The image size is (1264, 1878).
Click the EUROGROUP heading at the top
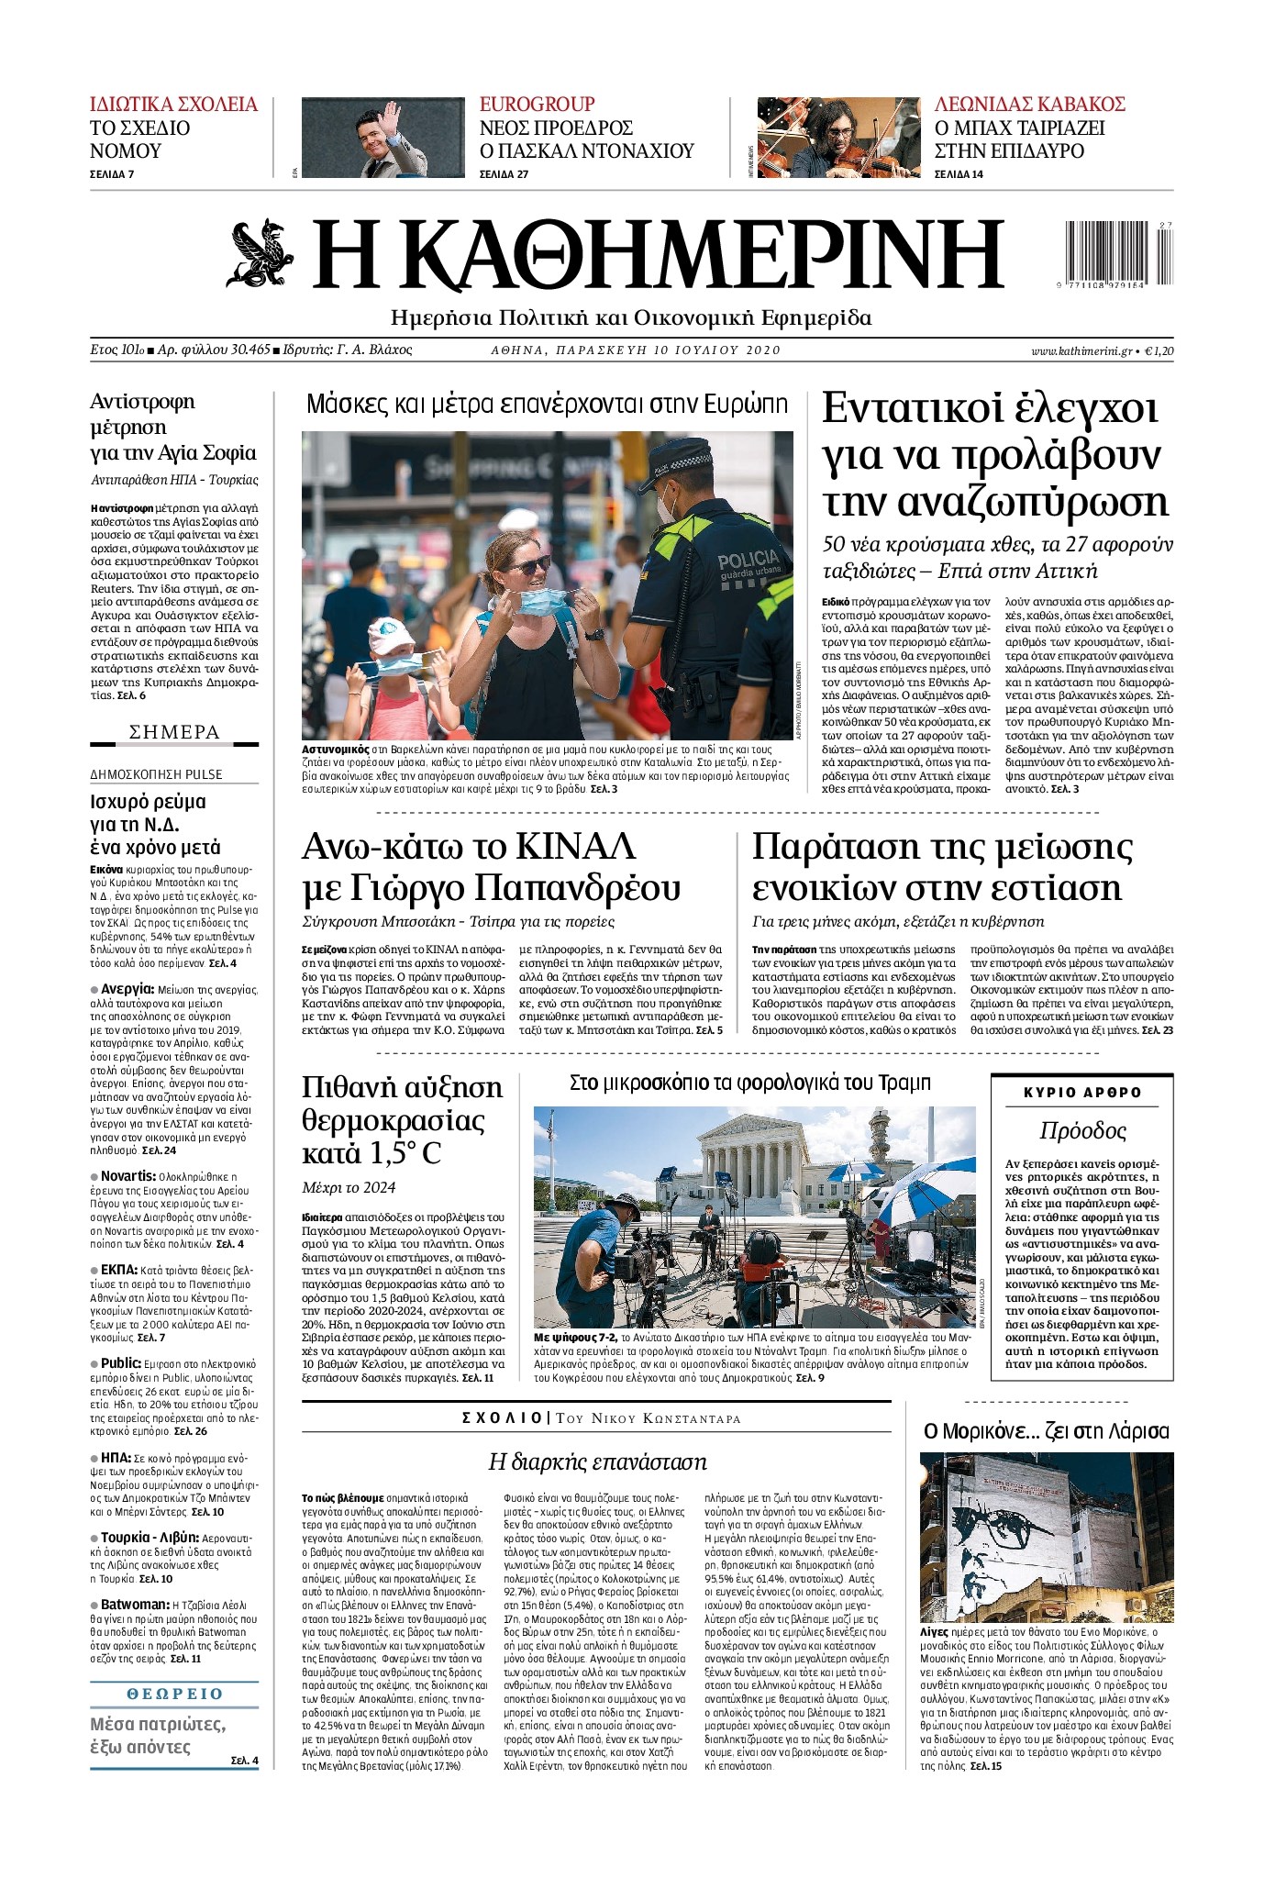(537, 105)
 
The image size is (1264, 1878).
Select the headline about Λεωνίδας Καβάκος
(1029, 105)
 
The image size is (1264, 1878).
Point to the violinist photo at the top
(840, 138)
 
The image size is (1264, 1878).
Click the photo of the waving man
(383, 138)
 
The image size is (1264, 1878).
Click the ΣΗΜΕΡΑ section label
(174, 732)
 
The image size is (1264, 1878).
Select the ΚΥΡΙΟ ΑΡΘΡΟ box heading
(1082, 1093)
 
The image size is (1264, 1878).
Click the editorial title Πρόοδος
(1082, 1130)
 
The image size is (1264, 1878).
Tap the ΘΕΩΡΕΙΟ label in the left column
(174, 1694)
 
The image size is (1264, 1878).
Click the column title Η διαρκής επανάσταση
(596, 1461)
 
